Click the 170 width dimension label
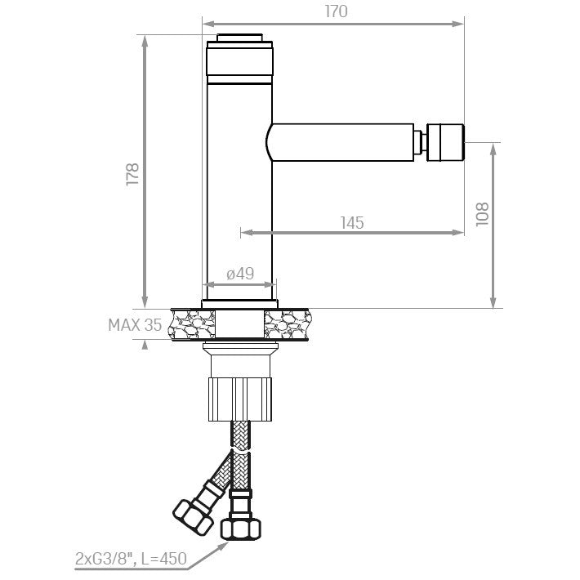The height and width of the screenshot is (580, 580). (x=337, y=11)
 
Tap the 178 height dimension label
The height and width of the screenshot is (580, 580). (x=132, y=174)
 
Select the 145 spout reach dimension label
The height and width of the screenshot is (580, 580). (x=352, y=223)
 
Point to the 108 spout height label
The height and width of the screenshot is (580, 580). (x=482, y=214)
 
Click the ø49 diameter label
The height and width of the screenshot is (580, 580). (x=240, y=274)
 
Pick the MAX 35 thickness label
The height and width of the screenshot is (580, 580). (x=135, y=325)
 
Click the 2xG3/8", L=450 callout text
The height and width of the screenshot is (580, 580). (x=131, y=558)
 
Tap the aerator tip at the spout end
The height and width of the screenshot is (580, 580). (x=445, y=142)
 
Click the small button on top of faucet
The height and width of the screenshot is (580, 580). (x=239, y=38)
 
